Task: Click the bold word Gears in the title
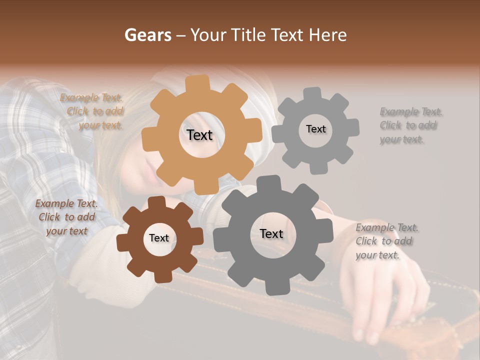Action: point(147,35)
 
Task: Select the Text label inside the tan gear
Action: point(199,135)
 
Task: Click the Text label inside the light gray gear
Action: point(315,129)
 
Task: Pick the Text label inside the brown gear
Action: point(159,238)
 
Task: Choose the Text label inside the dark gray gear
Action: point(271,233)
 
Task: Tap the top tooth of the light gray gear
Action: point(312,94)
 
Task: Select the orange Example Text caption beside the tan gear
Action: point(93,111)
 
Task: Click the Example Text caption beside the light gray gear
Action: point(410,125)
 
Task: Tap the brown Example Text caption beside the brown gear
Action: point(66,217)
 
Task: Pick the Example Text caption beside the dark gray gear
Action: point(386,241)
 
